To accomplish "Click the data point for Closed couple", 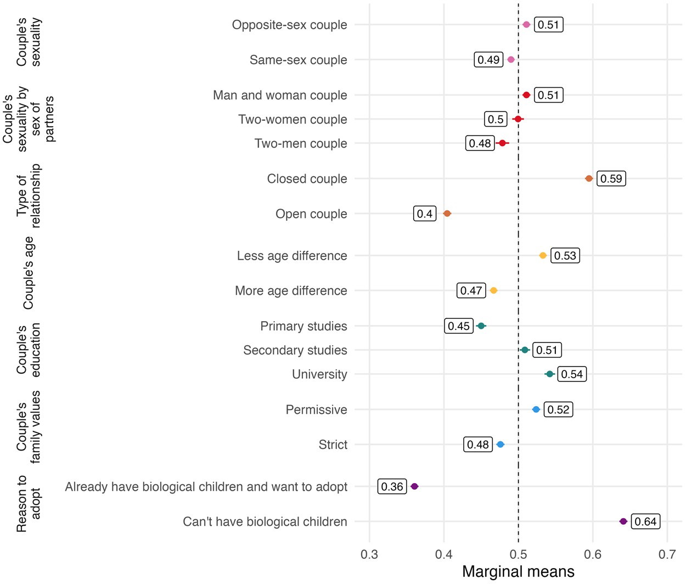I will pos(589,178).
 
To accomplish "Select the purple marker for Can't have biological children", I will pos(623,521).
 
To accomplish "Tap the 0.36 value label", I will pos(392,486).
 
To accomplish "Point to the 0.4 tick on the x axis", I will pos(443,554).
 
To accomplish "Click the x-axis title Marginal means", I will pos(518,572).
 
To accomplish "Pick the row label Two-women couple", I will pos(293,119).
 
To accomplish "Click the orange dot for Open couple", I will pos(447,214).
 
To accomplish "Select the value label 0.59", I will pos(611,178).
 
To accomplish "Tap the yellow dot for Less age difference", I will pos(543,255).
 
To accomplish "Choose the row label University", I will pos(319,374).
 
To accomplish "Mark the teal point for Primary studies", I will pos(481,326).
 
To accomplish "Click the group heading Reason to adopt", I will pos(29,504).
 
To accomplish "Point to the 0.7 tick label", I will pos(667,554).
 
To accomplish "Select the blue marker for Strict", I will pos(500,445).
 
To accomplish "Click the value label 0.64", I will pos(645,521).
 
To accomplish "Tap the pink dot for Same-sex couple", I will pos(511,60).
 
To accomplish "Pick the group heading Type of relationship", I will pos(29,196).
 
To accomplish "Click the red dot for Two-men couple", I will pos(502,143).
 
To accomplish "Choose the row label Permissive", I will pos(316,409).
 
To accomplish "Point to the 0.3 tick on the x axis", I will pos(369,554).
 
